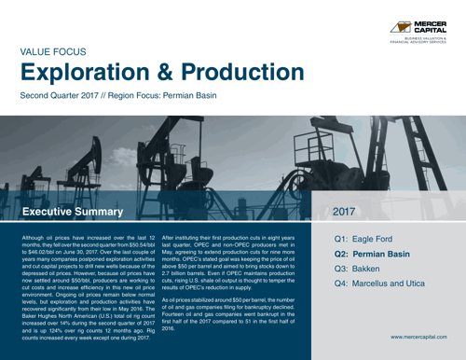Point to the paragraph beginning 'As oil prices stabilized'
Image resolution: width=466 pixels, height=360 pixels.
tap(240, 313)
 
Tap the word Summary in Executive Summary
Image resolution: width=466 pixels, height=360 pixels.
tap(104, 214)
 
